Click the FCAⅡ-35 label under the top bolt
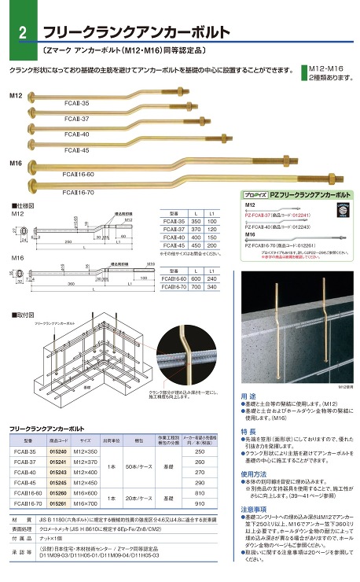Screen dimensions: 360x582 77,104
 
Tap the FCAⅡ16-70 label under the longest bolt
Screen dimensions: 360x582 78,191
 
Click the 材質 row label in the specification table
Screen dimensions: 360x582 17,521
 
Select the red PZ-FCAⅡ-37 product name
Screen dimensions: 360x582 259,215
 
